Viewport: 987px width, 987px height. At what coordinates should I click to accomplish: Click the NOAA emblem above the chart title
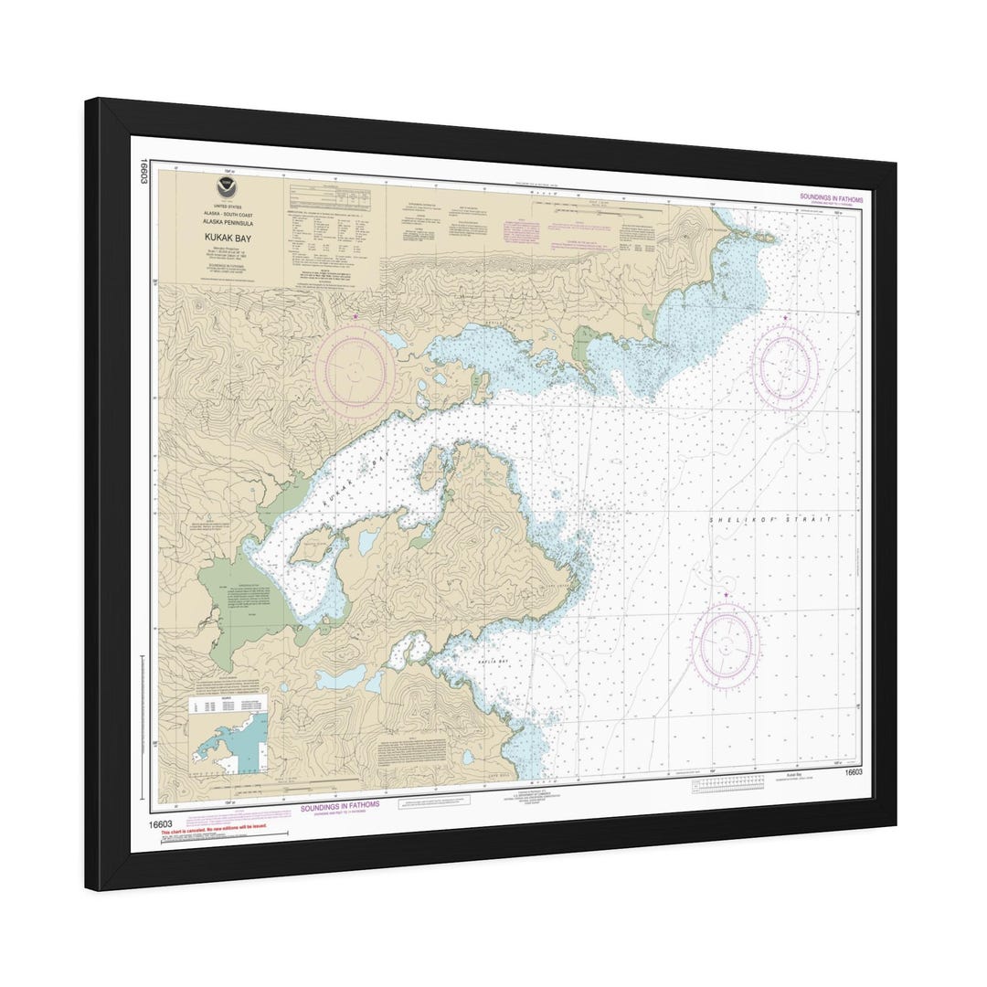tap(225, 189)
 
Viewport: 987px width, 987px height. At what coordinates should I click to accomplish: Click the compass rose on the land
tap(355, 371)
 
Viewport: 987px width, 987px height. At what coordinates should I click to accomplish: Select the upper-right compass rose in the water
tap(784, 367)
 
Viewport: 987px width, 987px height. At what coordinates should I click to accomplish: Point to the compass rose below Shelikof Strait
tap(726, 645)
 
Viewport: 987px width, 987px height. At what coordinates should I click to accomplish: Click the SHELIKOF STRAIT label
tap(771, 519)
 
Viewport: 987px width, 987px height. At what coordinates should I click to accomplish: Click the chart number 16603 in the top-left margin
tap(144, 170)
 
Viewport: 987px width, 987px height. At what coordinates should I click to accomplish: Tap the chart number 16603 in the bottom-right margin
tap(854, 773)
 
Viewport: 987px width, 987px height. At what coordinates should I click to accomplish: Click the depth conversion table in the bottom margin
tap(728, 783)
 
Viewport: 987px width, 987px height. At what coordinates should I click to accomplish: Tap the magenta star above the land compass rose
tap(356, 316)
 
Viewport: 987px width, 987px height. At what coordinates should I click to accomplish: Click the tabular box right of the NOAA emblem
tap(330, 198)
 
